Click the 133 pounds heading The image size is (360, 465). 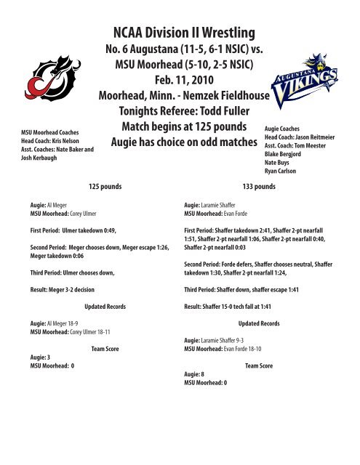click(x=267, y=186)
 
